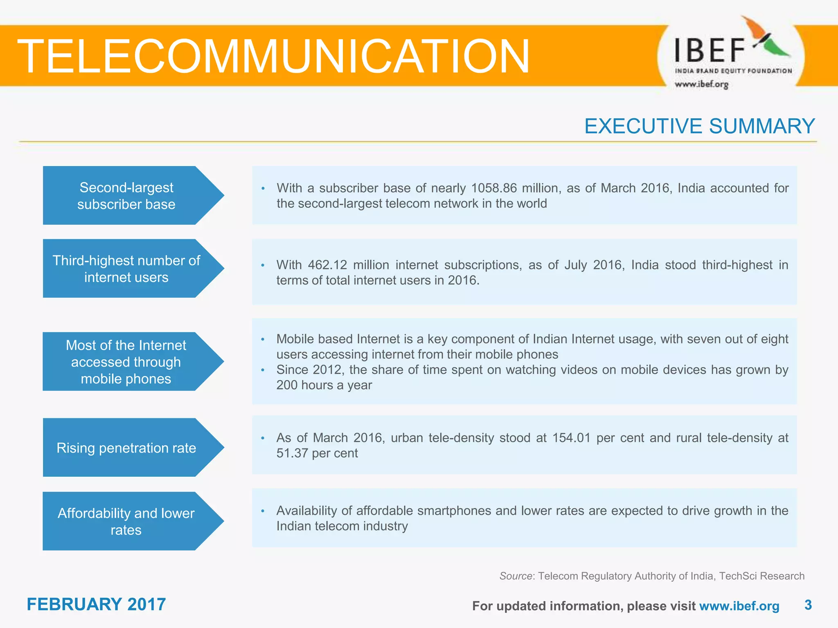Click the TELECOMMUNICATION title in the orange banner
point(273,56)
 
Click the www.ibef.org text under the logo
point(701,84)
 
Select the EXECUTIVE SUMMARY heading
point(699,126)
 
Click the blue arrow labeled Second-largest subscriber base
point(127,195)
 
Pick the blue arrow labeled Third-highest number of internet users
point(127,269)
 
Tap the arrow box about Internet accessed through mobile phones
point(127,362)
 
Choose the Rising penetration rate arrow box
point(127,448)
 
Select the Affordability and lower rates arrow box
point(127,521)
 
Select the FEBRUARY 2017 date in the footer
point(96,604)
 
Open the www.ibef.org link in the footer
point(739,606)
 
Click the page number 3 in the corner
point(808,605)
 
